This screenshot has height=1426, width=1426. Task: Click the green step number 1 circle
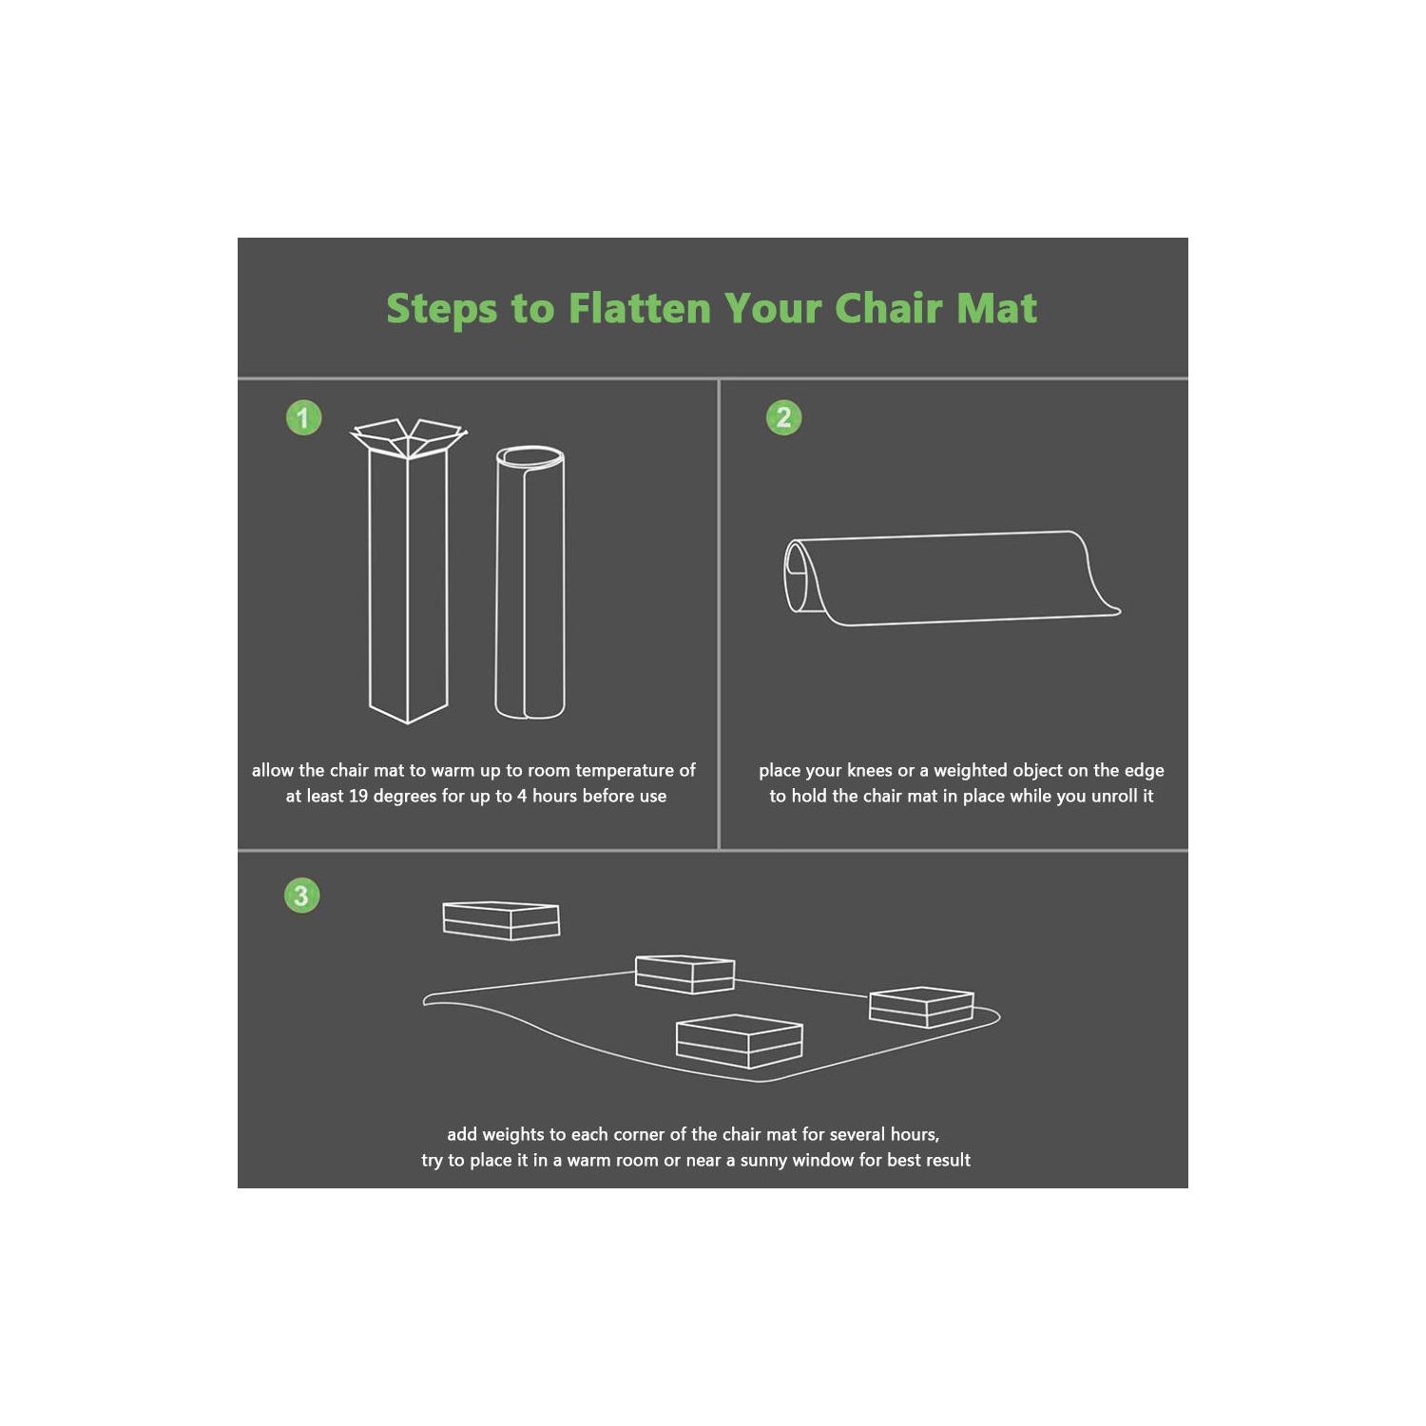pyautogui.click(x=303, y=417)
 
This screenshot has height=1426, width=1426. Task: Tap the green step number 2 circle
pyautogui.click(x=784, y=417)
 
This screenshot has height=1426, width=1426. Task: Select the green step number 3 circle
pyautogui.click(x=301, y=896)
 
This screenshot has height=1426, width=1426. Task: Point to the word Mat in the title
pyautogui.click(x=996, y=309)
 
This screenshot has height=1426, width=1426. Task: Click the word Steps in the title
pyautogui.click(x=441, y=310)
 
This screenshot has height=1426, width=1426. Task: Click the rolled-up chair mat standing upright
pyautogui.click(x=530, y=582)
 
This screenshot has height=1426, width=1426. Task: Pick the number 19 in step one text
pyautogui.click(x=358, y=797)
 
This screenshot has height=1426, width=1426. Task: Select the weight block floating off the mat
pyautogui.click(x=501, y=920)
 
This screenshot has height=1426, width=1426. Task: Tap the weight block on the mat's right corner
pyautogui.click(x=921, y=1007)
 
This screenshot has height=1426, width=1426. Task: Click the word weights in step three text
pyautogui.click(x=513, y=1135)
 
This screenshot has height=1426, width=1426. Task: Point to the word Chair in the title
pyautogui.click(x=888, y=309)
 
